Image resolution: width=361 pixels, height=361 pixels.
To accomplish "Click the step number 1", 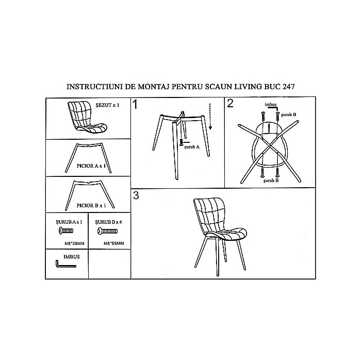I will click(136, 104).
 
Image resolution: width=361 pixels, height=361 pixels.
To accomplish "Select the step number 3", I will click(136, 195).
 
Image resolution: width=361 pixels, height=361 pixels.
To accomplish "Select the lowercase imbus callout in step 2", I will click(271, 104).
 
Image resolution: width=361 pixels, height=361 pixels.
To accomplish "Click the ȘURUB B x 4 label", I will click(108, 221).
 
